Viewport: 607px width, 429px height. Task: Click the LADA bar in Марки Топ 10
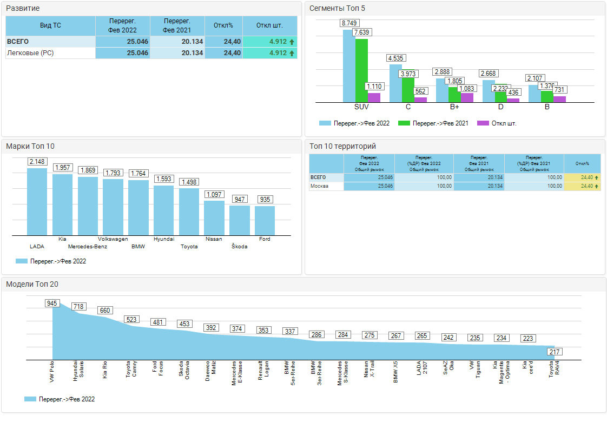coord(37,201)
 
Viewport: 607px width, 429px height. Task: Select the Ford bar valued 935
coord(265,220)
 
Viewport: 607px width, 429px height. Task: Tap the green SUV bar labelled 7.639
coord(361,70)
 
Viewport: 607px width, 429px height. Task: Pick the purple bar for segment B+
coord(467,97)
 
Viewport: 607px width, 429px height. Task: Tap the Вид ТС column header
coord(50,25)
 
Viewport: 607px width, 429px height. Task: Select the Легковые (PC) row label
coord(30,53)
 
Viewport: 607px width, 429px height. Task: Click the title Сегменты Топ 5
coord(333,8)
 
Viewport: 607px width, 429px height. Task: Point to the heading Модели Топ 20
coord(32,284)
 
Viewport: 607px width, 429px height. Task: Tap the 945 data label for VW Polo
coord(52,303)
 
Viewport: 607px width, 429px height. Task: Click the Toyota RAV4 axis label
coord(554,369)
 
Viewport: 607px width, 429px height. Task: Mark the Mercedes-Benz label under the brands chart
coord(88,247)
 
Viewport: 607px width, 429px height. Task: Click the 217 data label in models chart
coord(554,352)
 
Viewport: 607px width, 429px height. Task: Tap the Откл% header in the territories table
coord(582,163)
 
